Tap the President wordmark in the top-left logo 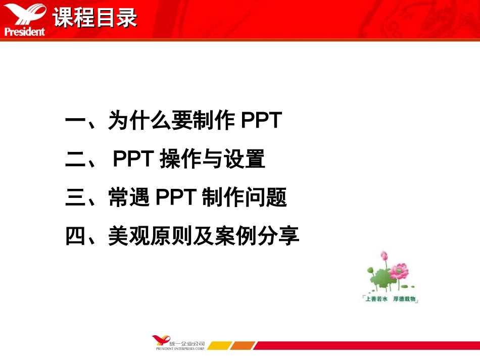pyautogui.click(x=24, y=32)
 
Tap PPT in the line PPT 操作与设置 pyautogui.click(x=133, y=160)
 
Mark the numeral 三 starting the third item pyautogui.click(x=76, y=197)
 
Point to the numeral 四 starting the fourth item pyautogui.click(x=76, y=235)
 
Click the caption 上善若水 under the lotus pyautogui.click(x=377, y=299)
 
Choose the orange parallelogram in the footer pyautogui.click(x=244, y=346)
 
